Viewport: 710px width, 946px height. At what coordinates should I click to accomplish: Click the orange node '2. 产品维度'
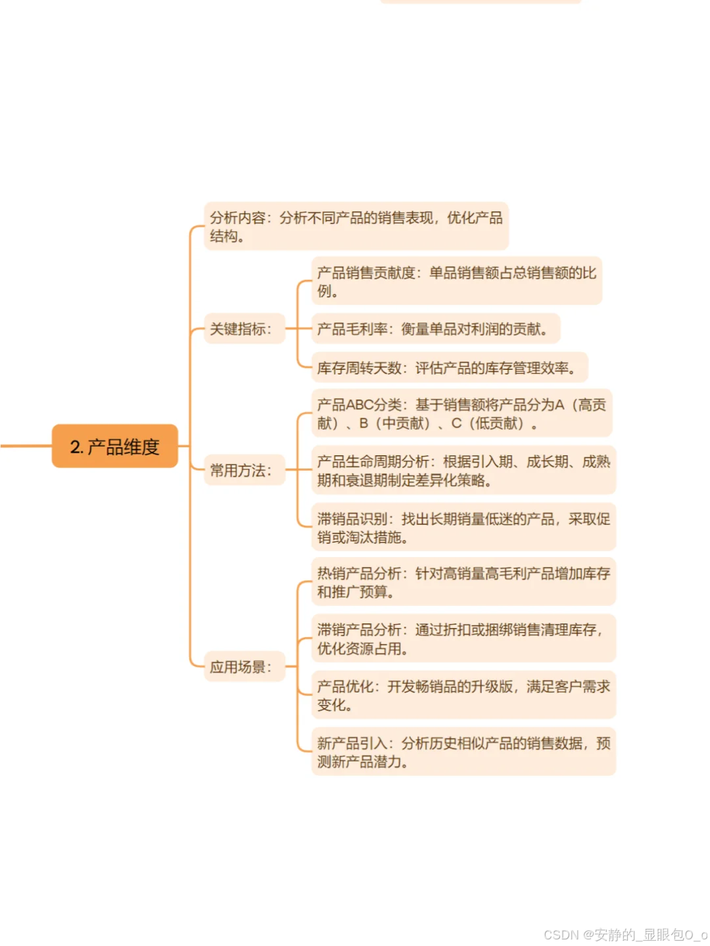pyautogui.click(x=115, y=446)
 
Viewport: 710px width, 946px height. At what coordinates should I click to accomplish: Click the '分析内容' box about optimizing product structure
pyautogui.click(x=356, y=226)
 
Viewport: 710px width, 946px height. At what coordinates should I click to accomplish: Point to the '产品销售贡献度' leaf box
pyautogui.click(x=456, y=281)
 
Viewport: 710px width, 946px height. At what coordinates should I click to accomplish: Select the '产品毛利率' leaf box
pyautogui.click(x=435, y=328)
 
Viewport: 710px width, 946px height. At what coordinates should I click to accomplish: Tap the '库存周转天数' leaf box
pyautogui.click(x=449, y=368)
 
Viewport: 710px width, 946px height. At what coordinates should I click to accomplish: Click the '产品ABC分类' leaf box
pyautogui.click(x=461, y=413)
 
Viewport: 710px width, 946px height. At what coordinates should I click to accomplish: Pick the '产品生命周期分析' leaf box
pyautogui.click(x=463, y=470)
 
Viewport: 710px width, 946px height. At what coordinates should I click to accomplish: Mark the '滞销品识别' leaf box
pyautogui.click(x=463, y=528)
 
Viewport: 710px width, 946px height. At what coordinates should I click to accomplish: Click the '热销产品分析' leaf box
pyautogui.click(x=463, y=582)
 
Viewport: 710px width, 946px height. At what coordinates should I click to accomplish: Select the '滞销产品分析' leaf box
pyautogui.click(x=463, y=639)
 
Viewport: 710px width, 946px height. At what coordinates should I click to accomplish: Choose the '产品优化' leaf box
pyautogui.click(x=463, y=695)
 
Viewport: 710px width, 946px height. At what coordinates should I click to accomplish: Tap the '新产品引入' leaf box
pyautogui.click(x=463, y=752)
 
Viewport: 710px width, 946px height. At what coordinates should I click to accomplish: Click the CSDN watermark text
pyautogui.click(x=625, y=934)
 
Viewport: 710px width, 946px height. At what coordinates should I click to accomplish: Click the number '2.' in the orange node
pyautogui.click(x=76, y=447)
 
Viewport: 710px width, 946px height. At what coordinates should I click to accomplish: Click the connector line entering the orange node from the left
pyautogui.click(x=26, y=446)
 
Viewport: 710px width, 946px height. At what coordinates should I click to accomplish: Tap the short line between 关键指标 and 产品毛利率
pyautogui.click(x=297, y=328)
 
